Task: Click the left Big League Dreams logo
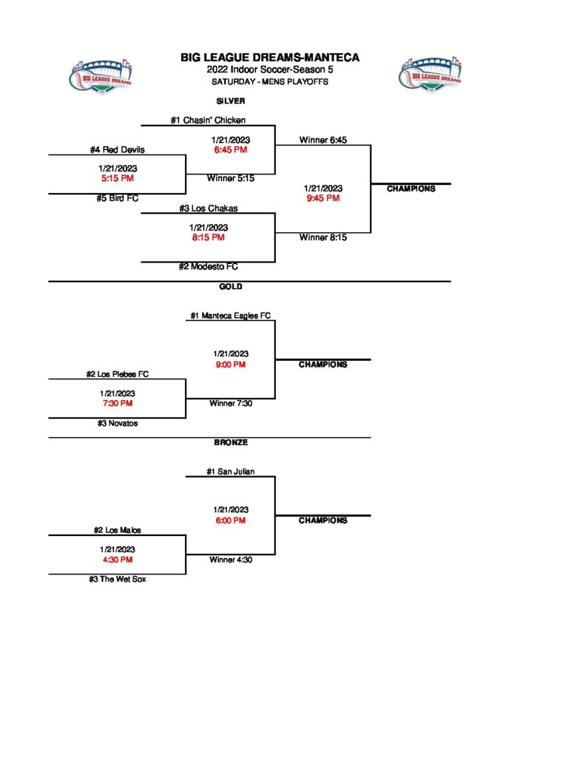click(101, 75)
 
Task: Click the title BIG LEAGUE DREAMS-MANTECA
click(270, 58)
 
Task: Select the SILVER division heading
click(231, 101)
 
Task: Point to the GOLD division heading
click(231, 287)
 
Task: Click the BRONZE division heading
click(231, 443)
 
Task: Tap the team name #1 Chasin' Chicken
click(208, 120)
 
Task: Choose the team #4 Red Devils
click(118, 150)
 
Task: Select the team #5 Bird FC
click(118, 198)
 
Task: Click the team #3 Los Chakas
click(208, 208)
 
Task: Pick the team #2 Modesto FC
click(208, 266)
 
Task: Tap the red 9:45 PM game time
click(322, 198)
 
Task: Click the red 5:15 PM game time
click(118, 178)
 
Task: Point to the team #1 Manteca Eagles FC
click(230, 316)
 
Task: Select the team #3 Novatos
click(118, 424)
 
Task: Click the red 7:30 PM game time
click(118, 404)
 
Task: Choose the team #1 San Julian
click(231, 472)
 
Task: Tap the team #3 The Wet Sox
click(118, 580)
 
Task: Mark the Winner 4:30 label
click(231, 560)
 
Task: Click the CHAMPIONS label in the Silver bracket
click(411, 189)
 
